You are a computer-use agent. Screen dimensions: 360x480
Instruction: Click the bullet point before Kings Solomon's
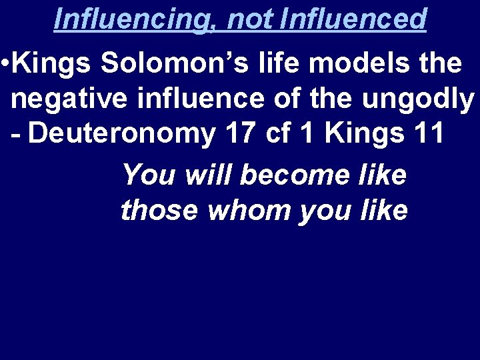click(5, 64)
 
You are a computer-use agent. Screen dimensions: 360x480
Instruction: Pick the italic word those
click(161, 211)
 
